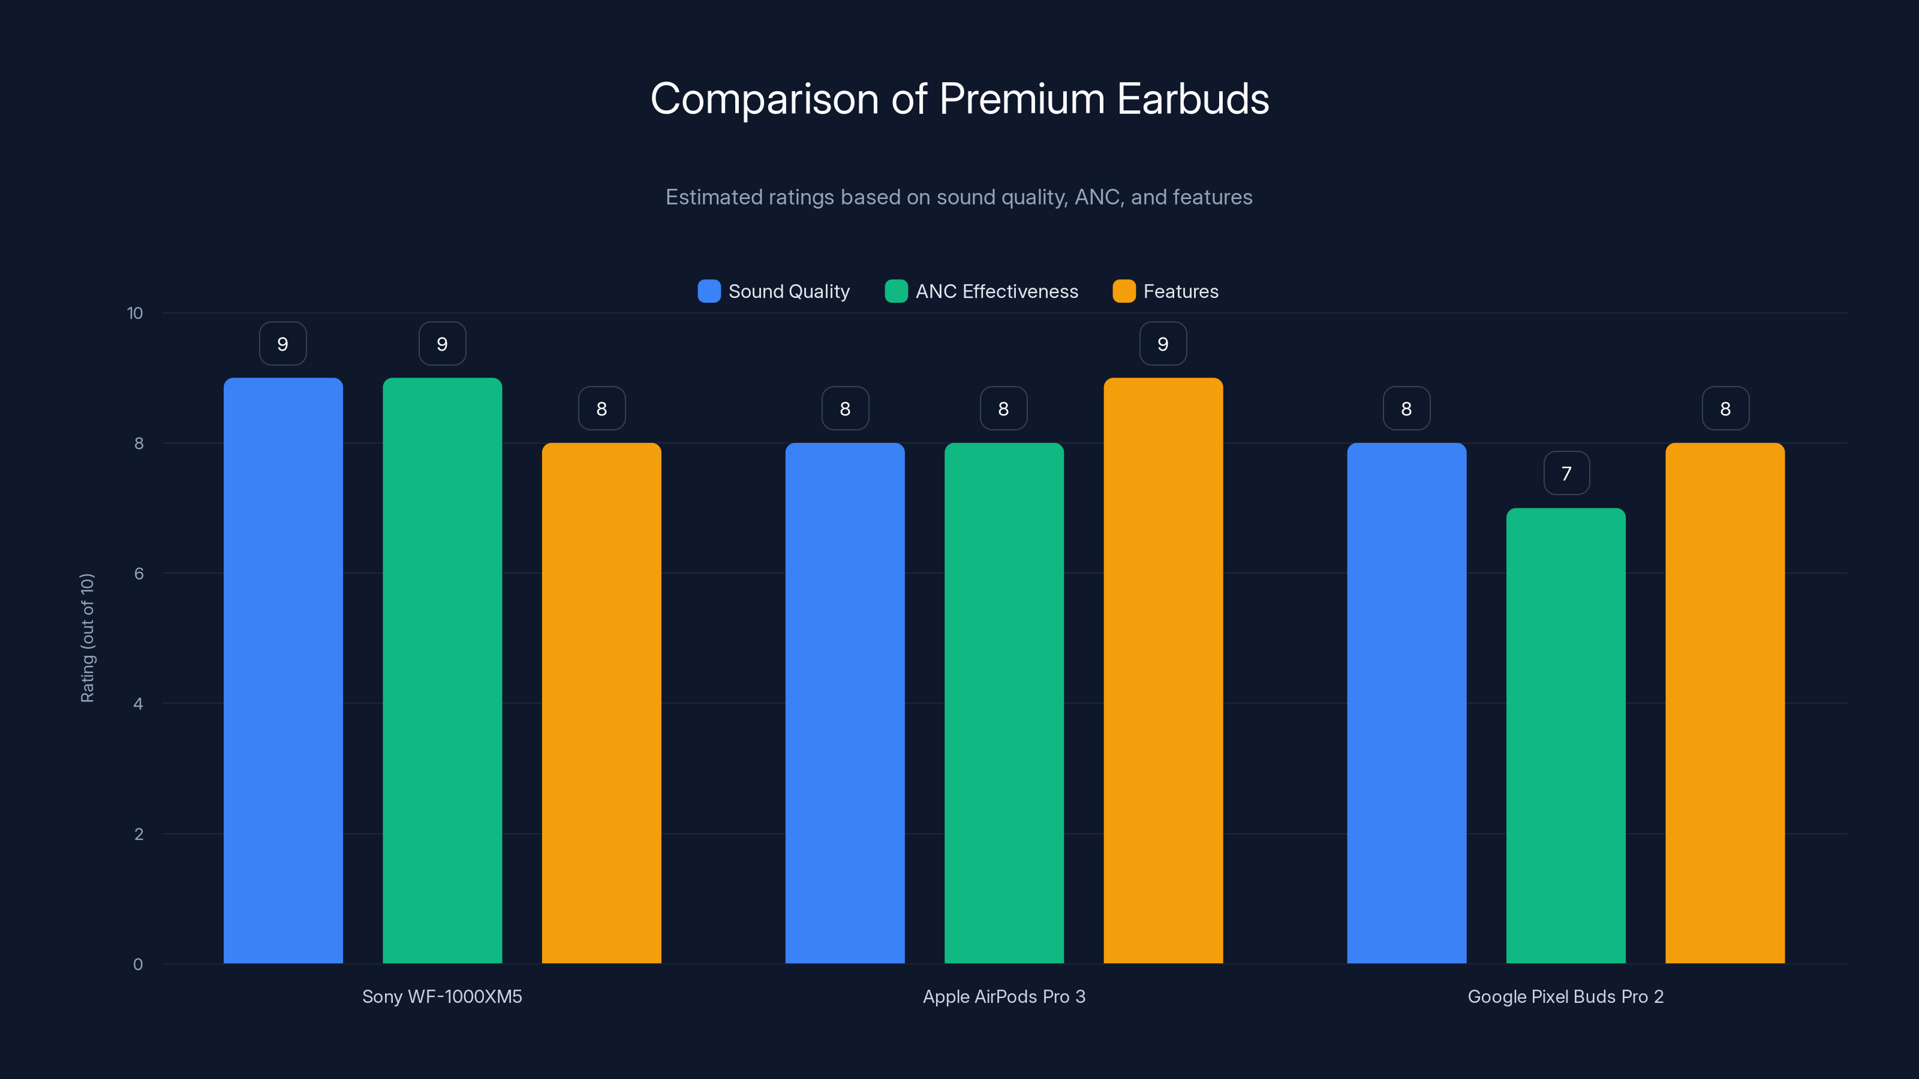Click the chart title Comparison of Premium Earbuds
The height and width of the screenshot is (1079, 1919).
coord(960,99)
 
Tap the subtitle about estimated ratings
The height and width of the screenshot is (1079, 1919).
coord(959,197)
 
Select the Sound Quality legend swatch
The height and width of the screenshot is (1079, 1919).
coord(708,291)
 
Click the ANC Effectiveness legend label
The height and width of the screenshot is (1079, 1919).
coord(996,291)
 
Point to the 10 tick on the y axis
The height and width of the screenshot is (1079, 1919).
coord(135,314)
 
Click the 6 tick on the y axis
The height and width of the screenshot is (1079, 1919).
coord(139,574)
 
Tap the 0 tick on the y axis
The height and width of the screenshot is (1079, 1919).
coord(138,965)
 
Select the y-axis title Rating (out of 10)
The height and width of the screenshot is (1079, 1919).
coord(87,638)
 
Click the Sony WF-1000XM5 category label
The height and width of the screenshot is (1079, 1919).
coord(442,996)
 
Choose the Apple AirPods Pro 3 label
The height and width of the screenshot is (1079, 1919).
coord(1003,996)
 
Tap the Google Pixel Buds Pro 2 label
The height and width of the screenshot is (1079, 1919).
coord(1565,996)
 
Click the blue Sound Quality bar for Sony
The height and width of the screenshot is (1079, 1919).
coord(283,670)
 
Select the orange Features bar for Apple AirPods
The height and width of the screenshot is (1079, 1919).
coord(1163,670)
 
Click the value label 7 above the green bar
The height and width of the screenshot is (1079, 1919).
coord(1566,474)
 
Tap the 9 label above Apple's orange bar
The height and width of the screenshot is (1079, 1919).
coord(1163,344)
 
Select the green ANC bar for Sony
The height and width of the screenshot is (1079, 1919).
coord(442,670)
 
